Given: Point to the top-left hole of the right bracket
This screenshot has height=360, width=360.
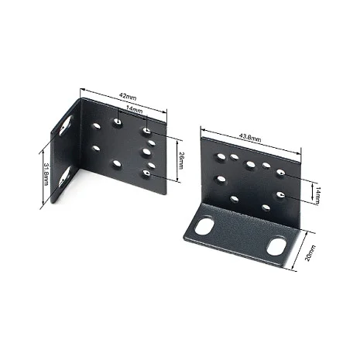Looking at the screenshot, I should click(x=221, y=156).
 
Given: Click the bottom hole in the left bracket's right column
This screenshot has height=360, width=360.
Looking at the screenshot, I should click(x=146, y=175).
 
